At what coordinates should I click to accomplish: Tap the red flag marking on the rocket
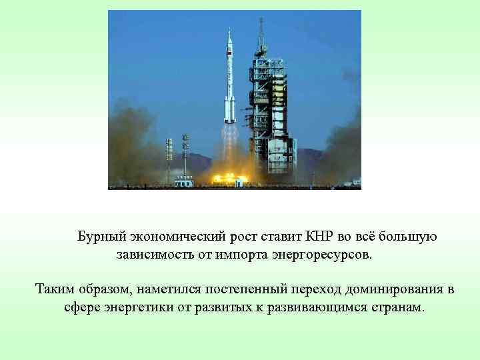(229, 51)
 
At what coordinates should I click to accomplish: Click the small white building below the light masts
(183, 181)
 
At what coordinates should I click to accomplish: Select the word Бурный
(101, 237)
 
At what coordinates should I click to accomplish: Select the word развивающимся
(311, 308)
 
